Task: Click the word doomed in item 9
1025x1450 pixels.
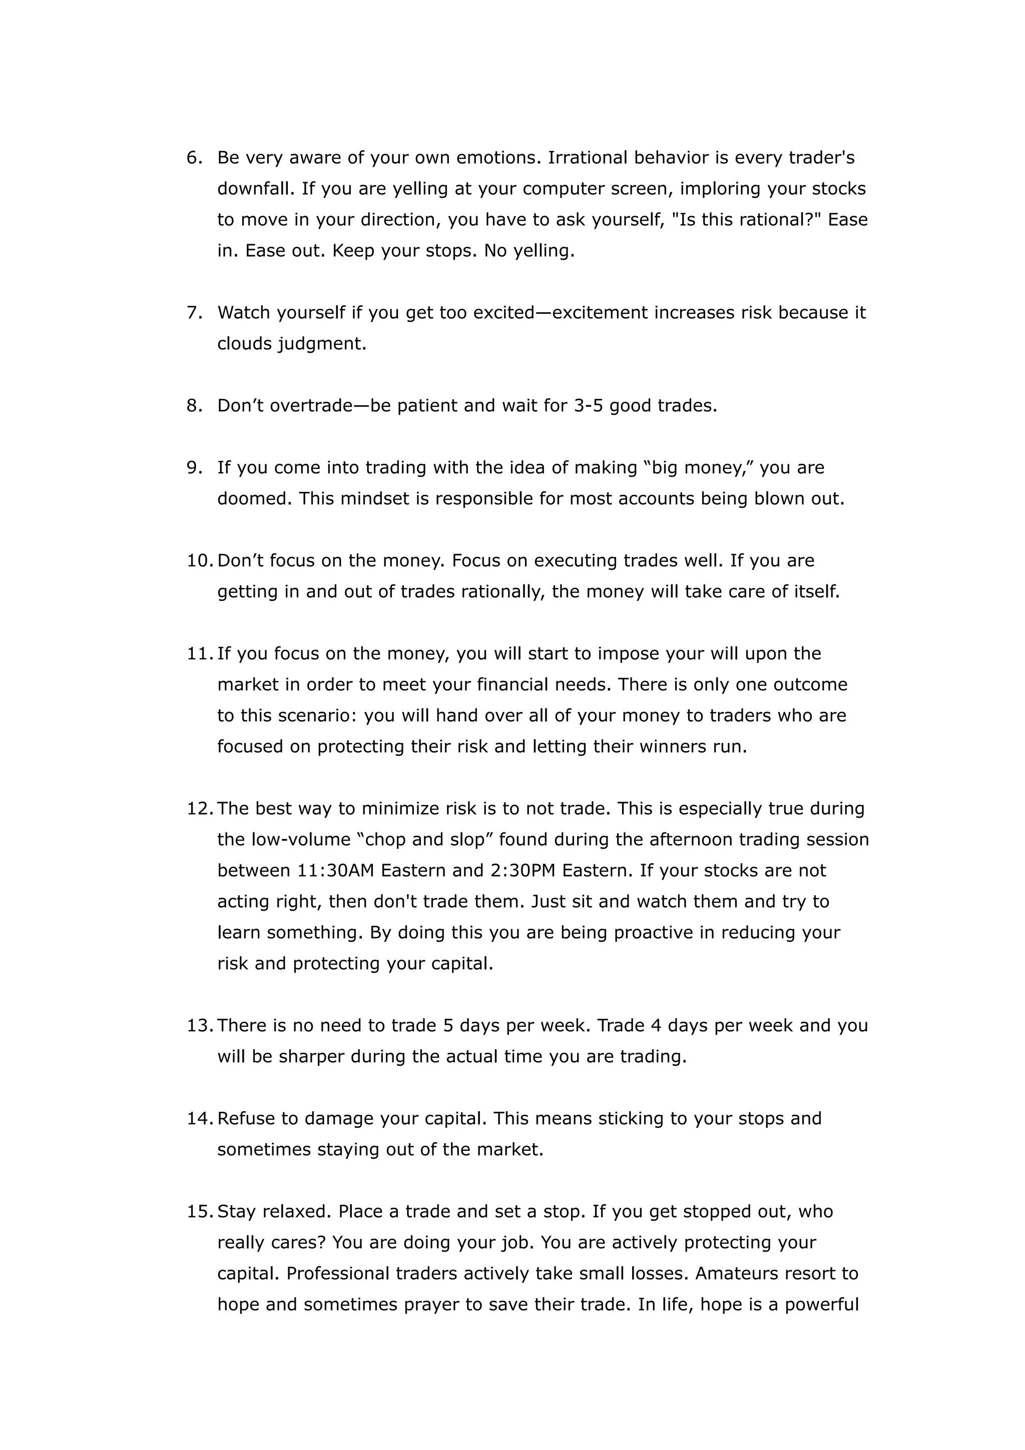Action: (255, 499)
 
